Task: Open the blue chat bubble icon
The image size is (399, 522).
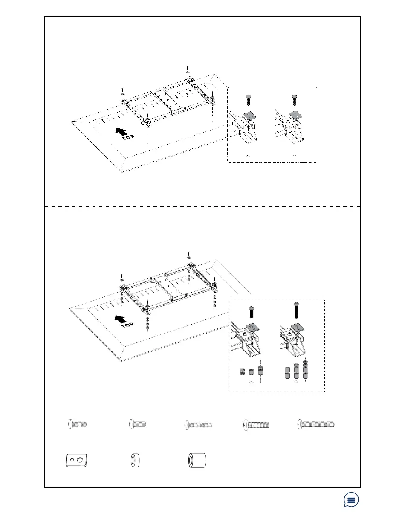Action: click(x=351, y=500)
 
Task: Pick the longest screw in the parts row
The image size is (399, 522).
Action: click(x=315, y=424)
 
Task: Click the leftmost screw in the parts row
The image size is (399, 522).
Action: click(x=78, y=424)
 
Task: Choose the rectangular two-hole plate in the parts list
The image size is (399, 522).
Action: click(x=77, y=461)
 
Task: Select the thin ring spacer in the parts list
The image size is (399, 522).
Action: click(x=136, y=461)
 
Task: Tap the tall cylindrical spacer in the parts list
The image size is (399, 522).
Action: click(x=197, y=461)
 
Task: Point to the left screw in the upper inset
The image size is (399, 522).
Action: click(x=248, y=101)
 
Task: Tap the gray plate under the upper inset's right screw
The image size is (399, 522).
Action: click(x=294, y=116)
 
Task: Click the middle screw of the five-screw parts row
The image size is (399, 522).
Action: click(x=198, y=424)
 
